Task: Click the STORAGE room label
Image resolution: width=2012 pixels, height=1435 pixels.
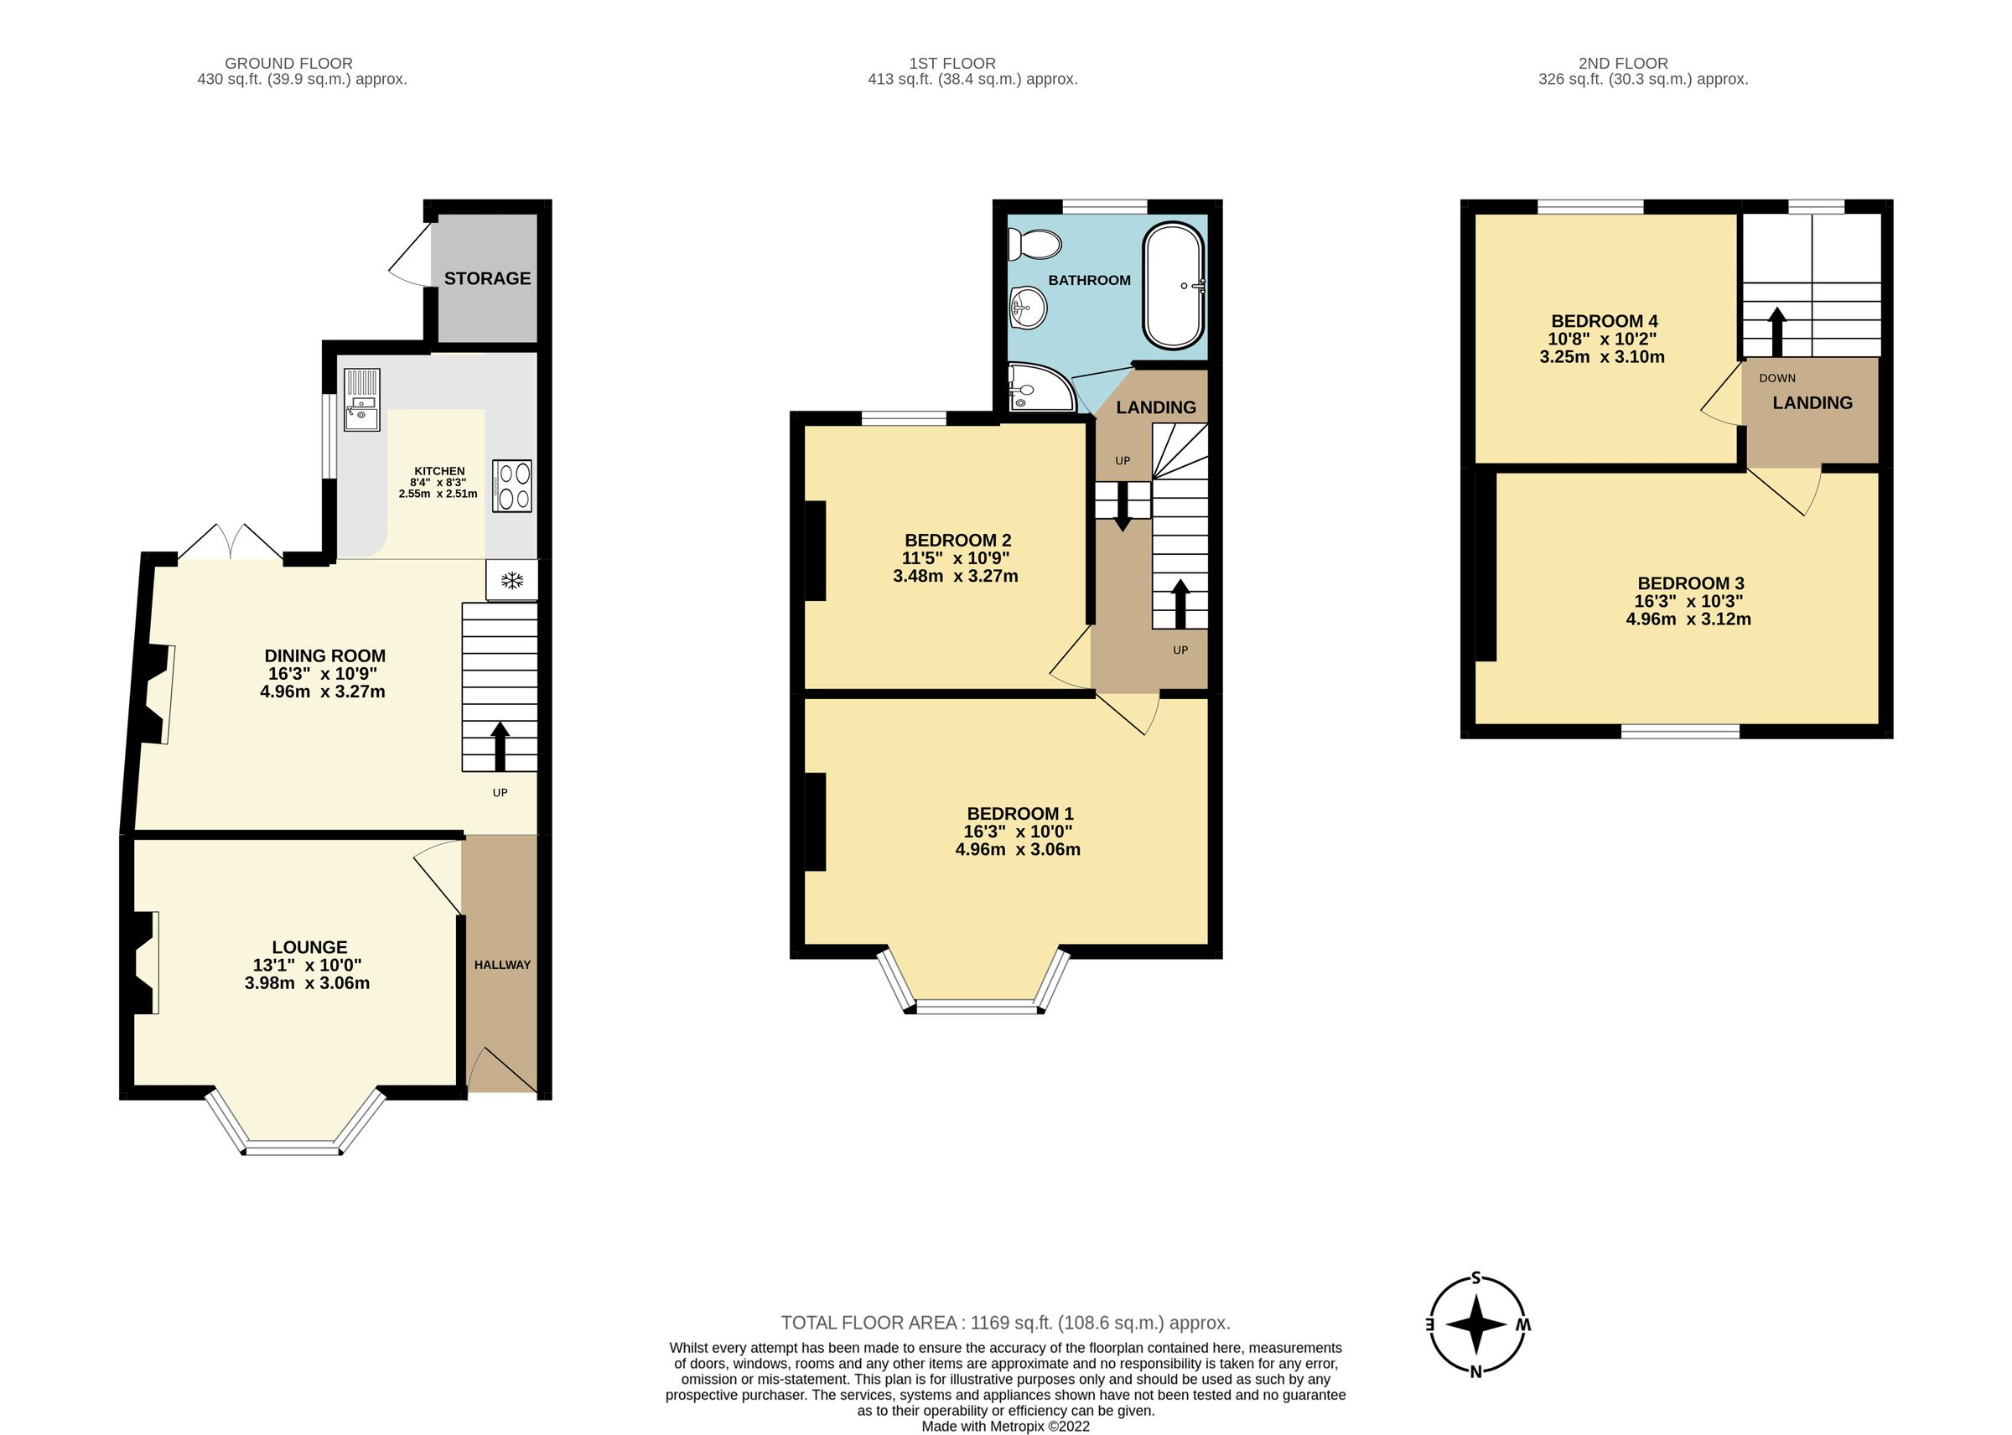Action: (487, 278)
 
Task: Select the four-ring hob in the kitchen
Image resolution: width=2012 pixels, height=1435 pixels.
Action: (512, 486)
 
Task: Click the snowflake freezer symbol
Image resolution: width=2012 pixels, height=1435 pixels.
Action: (511, 581)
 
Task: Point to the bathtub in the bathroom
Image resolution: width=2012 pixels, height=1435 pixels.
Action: (1174, 286)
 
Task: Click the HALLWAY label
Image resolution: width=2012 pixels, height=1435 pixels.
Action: (502, 965)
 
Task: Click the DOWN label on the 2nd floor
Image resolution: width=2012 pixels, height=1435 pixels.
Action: (1777, 378)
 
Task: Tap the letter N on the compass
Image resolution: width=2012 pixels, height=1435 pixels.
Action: (1475, 1371)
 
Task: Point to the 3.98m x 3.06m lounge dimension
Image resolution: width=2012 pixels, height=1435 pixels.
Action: (308, 983)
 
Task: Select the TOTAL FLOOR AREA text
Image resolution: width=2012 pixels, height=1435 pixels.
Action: (1004, 1323)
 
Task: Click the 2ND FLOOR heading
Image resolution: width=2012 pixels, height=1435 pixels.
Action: (1623, 64)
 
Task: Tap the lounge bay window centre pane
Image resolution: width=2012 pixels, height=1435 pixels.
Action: (292, 1148)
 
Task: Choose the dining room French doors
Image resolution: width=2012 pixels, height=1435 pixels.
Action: (231, 543)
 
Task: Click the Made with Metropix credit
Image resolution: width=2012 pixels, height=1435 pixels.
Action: (1004, 1426)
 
